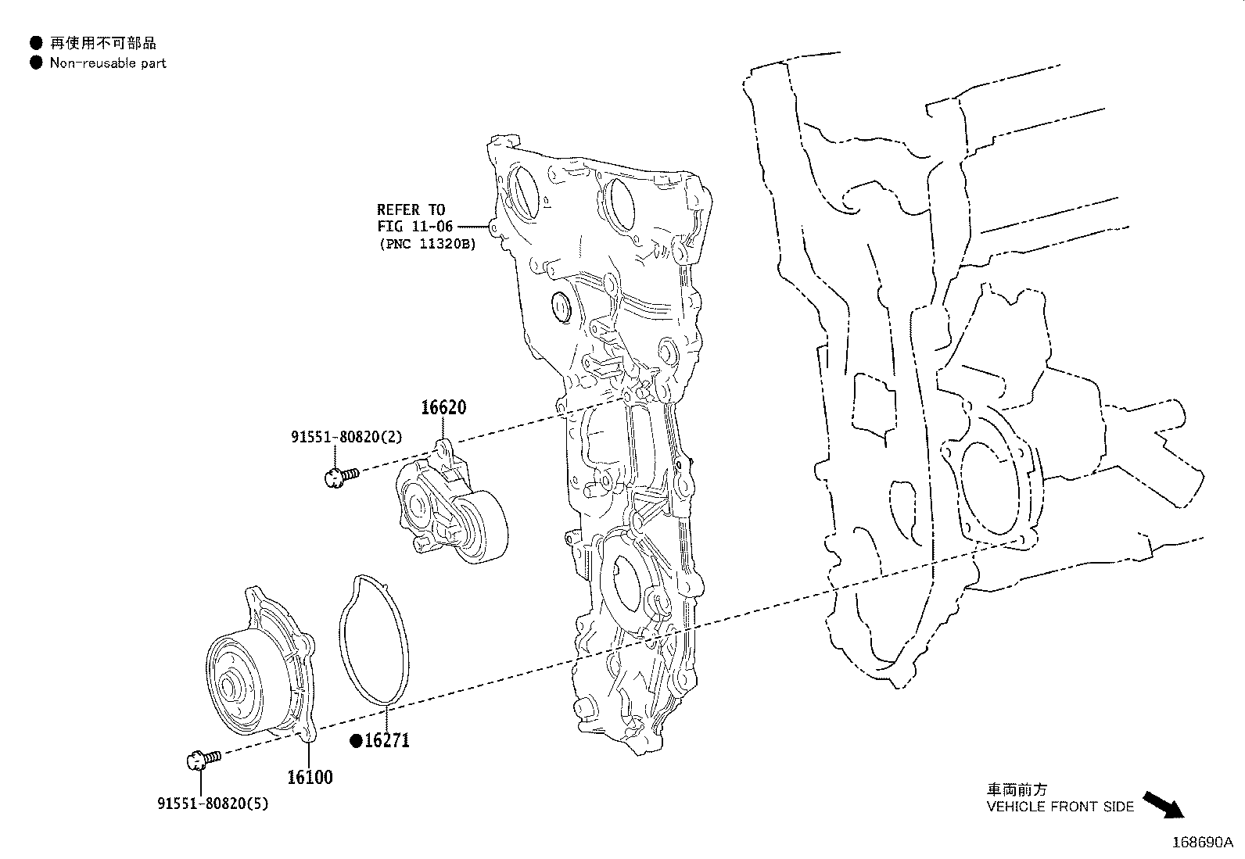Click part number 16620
tap(443, 407)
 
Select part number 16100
tap(310, 777)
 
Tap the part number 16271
tap(387, 740)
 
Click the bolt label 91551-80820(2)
tap(346, 437)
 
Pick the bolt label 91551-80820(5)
tap(213, 804)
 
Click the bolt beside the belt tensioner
tap(341, 477)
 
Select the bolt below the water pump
tap(203, 759)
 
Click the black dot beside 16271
tap(357, 741)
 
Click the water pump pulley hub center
tap(227, 687)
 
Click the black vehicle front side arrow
tap(1164, 805)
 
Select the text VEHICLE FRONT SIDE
tap(1060, 807)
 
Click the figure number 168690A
tap(1203, 843)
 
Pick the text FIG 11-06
tap(415, 226)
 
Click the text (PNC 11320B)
tap(428, 244)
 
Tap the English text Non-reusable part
tap(108, 63)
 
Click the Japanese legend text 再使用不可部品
tap(102, 43)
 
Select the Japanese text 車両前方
tap(1017, 789)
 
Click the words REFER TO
tap(411, 209)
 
